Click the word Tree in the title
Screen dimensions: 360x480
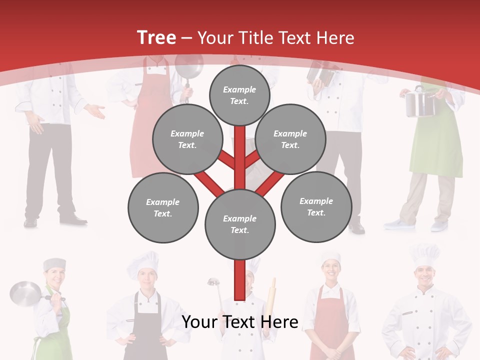tap(156, 37)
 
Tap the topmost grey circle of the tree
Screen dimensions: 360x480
tap(239, 95)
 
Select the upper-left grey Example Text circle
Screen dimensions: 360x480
tap(187, 139)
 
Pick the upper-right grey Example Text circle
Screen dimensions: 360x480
tap(290, 139)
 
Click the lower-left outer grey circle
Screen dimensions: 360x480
tap(162, 207)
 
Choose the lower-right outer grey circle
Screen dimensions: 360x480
tap(316, 206)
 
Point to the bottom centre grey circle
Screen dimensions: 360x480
tap(239, 224)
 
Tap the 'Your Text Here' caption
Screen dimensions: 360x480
tap(239, 322)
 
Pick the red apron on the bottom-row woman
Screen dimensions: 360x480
tap(330, 325)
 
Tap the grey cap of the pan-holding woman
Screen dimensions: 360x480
tap(54, 264)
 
